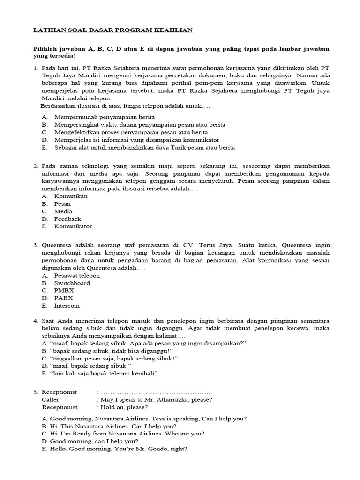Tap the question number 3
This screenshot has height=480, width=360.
35,245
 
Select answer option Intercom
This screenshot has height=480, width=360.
67,306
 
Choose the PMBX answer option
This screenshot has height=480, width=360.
64,291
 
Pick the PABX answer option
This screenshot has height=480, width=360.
64,298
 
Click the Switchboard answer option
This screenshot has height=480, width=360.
72,283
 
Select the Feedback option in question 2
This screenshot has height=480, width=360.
67,219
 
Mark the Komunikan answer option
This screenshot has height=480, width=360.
71,196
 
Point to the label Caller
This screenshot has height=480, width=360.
51,400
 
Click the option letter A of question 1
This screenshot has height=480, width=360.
44,117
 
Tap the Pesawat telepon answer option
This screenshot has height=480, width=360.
77,276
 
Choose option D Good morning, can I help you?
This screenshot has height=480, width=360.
90,441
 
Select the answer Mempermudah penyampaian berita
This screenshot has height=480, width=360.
104,117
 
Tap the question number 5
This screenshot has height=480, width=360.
35,392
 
